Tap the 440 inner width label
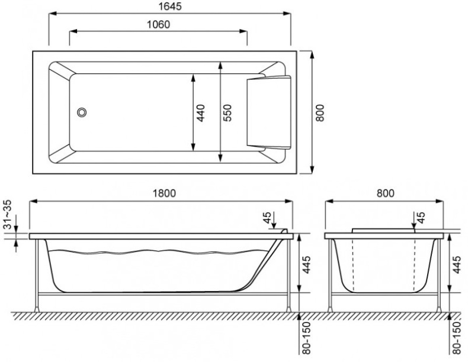coord(201,112)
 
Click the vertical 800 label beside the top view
coord(320,112)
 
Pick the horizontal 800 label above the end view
coord(385,193)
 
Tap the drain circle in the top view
coord(82,112)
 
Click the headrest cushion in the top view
coord(268,112)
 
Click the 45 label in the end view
coord(421,219)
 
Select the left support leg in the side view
coord(39,275)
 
